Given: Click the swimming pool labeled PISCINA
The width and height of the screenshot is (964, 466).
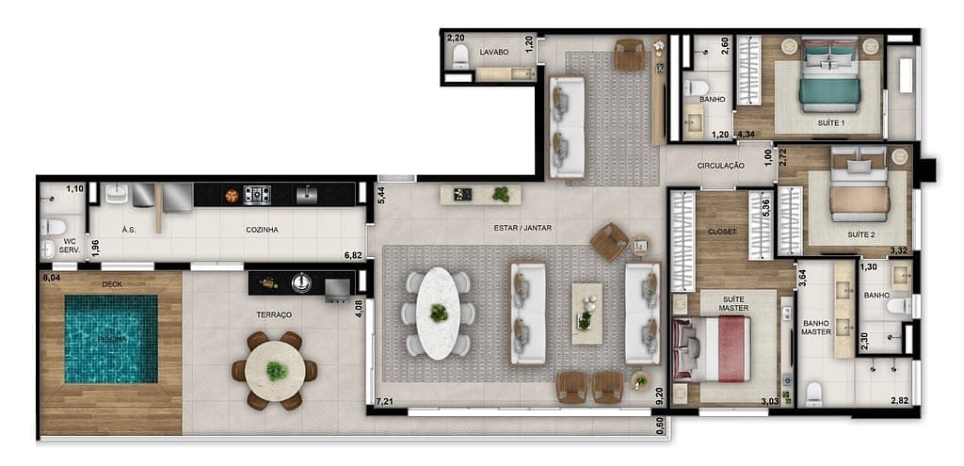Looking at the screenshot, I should pos(111,339).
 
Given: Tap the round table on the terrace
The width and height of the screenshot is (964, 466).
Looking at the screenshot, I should pos(275,370).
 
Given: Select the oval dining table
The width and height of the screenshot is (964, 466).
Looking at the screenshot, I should pos(439,313).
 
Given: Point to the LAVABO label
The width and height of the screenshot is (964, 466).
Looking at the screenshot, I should pos(494,52).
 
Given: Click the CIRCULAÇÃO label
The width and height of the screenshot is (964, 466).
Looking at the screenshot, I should pos(721,166).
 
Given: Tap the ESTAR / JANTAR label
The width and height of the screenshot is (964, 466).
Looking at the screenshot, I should pos(522,227).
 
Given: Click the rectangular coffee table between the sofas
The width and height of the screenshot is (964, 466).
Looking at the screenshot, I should pos(586,313).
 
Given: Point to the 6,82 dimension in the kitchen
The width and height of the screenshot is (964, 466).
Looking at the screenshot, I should pos(354,254).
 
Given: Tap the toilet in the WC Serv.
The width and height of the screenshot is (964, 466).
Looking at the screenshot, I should pos(55,227).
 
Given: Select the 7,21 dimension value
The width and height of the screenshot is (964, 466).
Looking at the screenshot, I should pos(384,402).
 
